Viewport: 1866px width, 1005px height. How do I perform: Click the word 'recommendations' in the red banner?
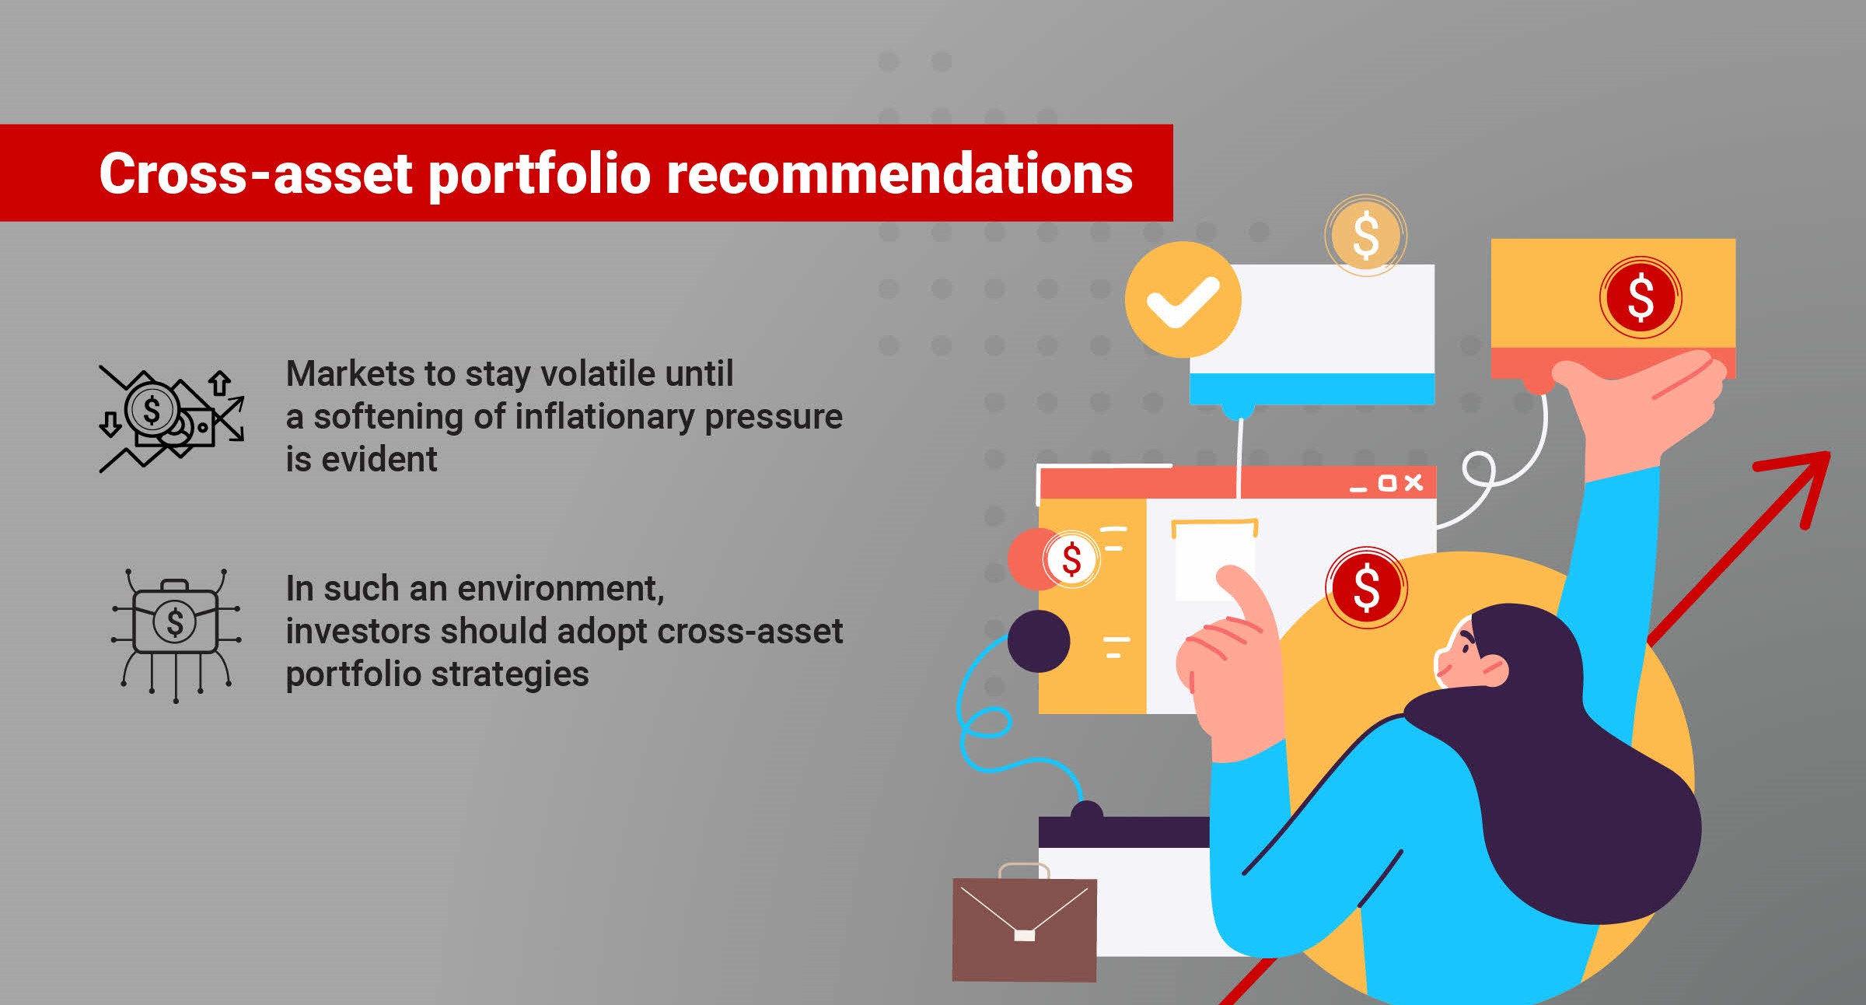(x=900, y=173)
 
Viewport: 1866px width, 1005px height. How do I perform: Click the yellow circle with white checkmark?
(x=1183, y=299)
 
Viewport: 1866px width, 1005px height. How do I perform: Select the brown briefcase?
(x=1024, y=923)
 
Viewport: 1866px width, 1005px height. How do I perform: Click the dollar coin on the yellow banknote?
(x=1641, y=297)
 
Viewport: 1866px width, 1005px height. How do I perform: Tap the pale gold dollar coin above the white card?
(x=1365, y=236)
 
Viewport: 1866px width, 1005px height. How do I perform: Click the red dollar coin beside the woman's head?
(x=1366, y=587)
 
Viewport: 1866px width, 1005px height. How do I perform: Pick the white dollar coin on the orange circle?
(x=1071, y=559)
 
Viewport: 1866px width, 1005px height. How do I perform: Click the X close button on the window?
(x=1413, y=483)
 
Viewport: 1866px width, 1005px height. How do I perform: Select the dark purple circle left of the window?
(x=1039, y=641)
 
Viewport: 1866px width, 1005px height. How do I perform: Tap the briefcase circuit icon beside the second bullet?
(x=175, y=636)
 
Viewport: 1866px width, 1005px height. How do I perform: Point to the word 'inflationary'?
(x=604, y=418)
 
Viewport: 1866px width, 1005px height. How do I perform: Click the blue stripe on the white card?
(x=1312, y=388)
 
